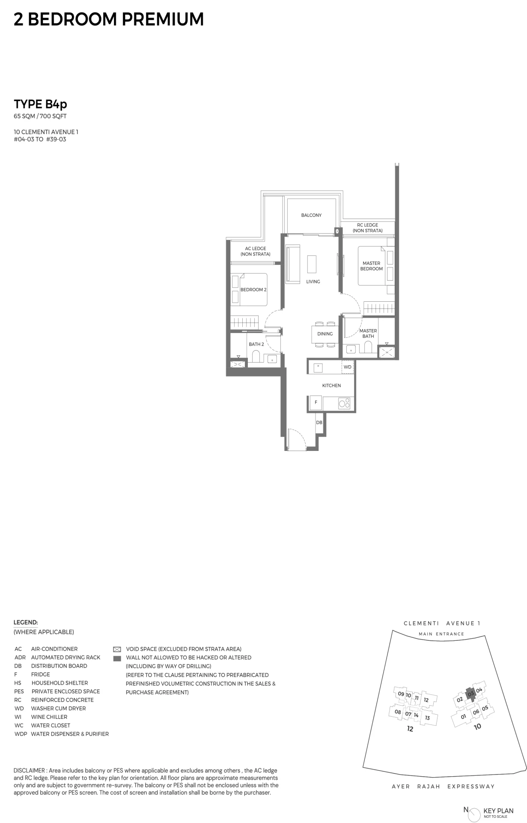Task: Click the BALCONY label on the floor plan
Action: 311,215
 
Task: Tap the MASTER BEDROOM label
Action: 371,266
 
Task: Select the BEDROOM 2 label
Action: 253,290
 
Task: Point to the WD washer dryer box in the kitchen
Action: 348,367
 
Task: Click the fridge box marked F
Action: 316,402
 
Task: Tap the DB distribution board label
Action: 319,422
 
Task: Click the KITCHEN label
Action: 331,386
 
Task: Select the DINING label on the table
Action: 325,334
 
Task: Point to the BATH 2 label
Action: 256,344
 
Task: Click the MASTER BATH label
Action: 368,333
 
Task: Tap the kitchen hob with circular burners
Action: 344,403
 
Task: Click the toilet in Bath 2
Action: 256,357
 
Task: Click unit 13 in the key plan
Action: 427,718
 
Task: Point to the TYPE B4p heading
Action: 40,104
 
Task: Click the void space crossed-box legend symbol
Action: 117,649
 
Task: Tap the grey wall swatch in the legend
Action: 117,658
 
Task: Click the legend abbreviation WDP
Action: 21,734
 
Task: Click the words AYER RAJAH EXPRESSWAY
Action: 443,787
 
